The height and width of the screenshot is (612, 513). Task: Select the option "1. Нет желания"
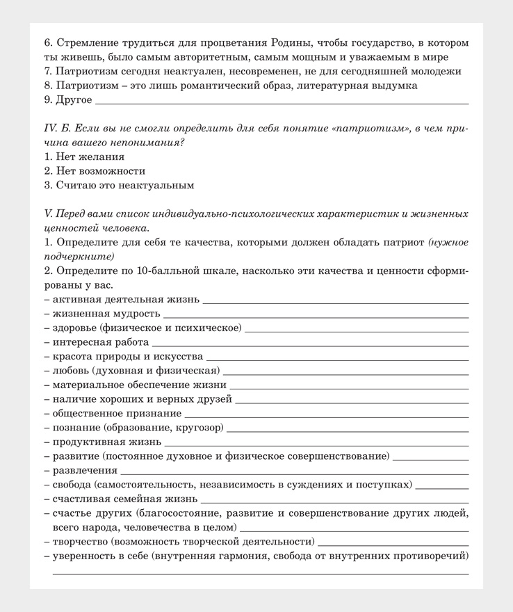click(84, 156)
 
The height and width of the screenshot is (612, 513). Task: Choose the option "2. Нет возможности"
click(95, 170)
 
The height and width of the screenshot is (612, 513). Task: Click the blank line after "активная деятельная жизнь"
click(335, 302)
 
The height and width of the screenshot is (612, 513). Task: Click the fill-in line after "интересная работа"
click(310, 344)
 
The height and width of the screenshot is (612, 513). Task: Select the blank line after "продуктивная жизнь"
click(316, 443)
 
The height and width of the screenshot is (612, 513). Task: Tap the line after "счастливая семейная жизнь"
click(334, 500)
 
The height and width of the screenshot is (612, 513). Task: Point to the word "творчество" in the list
click(80, 541)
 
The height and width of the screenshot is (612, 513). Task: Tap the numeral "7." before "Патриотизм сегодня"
click(48, 72)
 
